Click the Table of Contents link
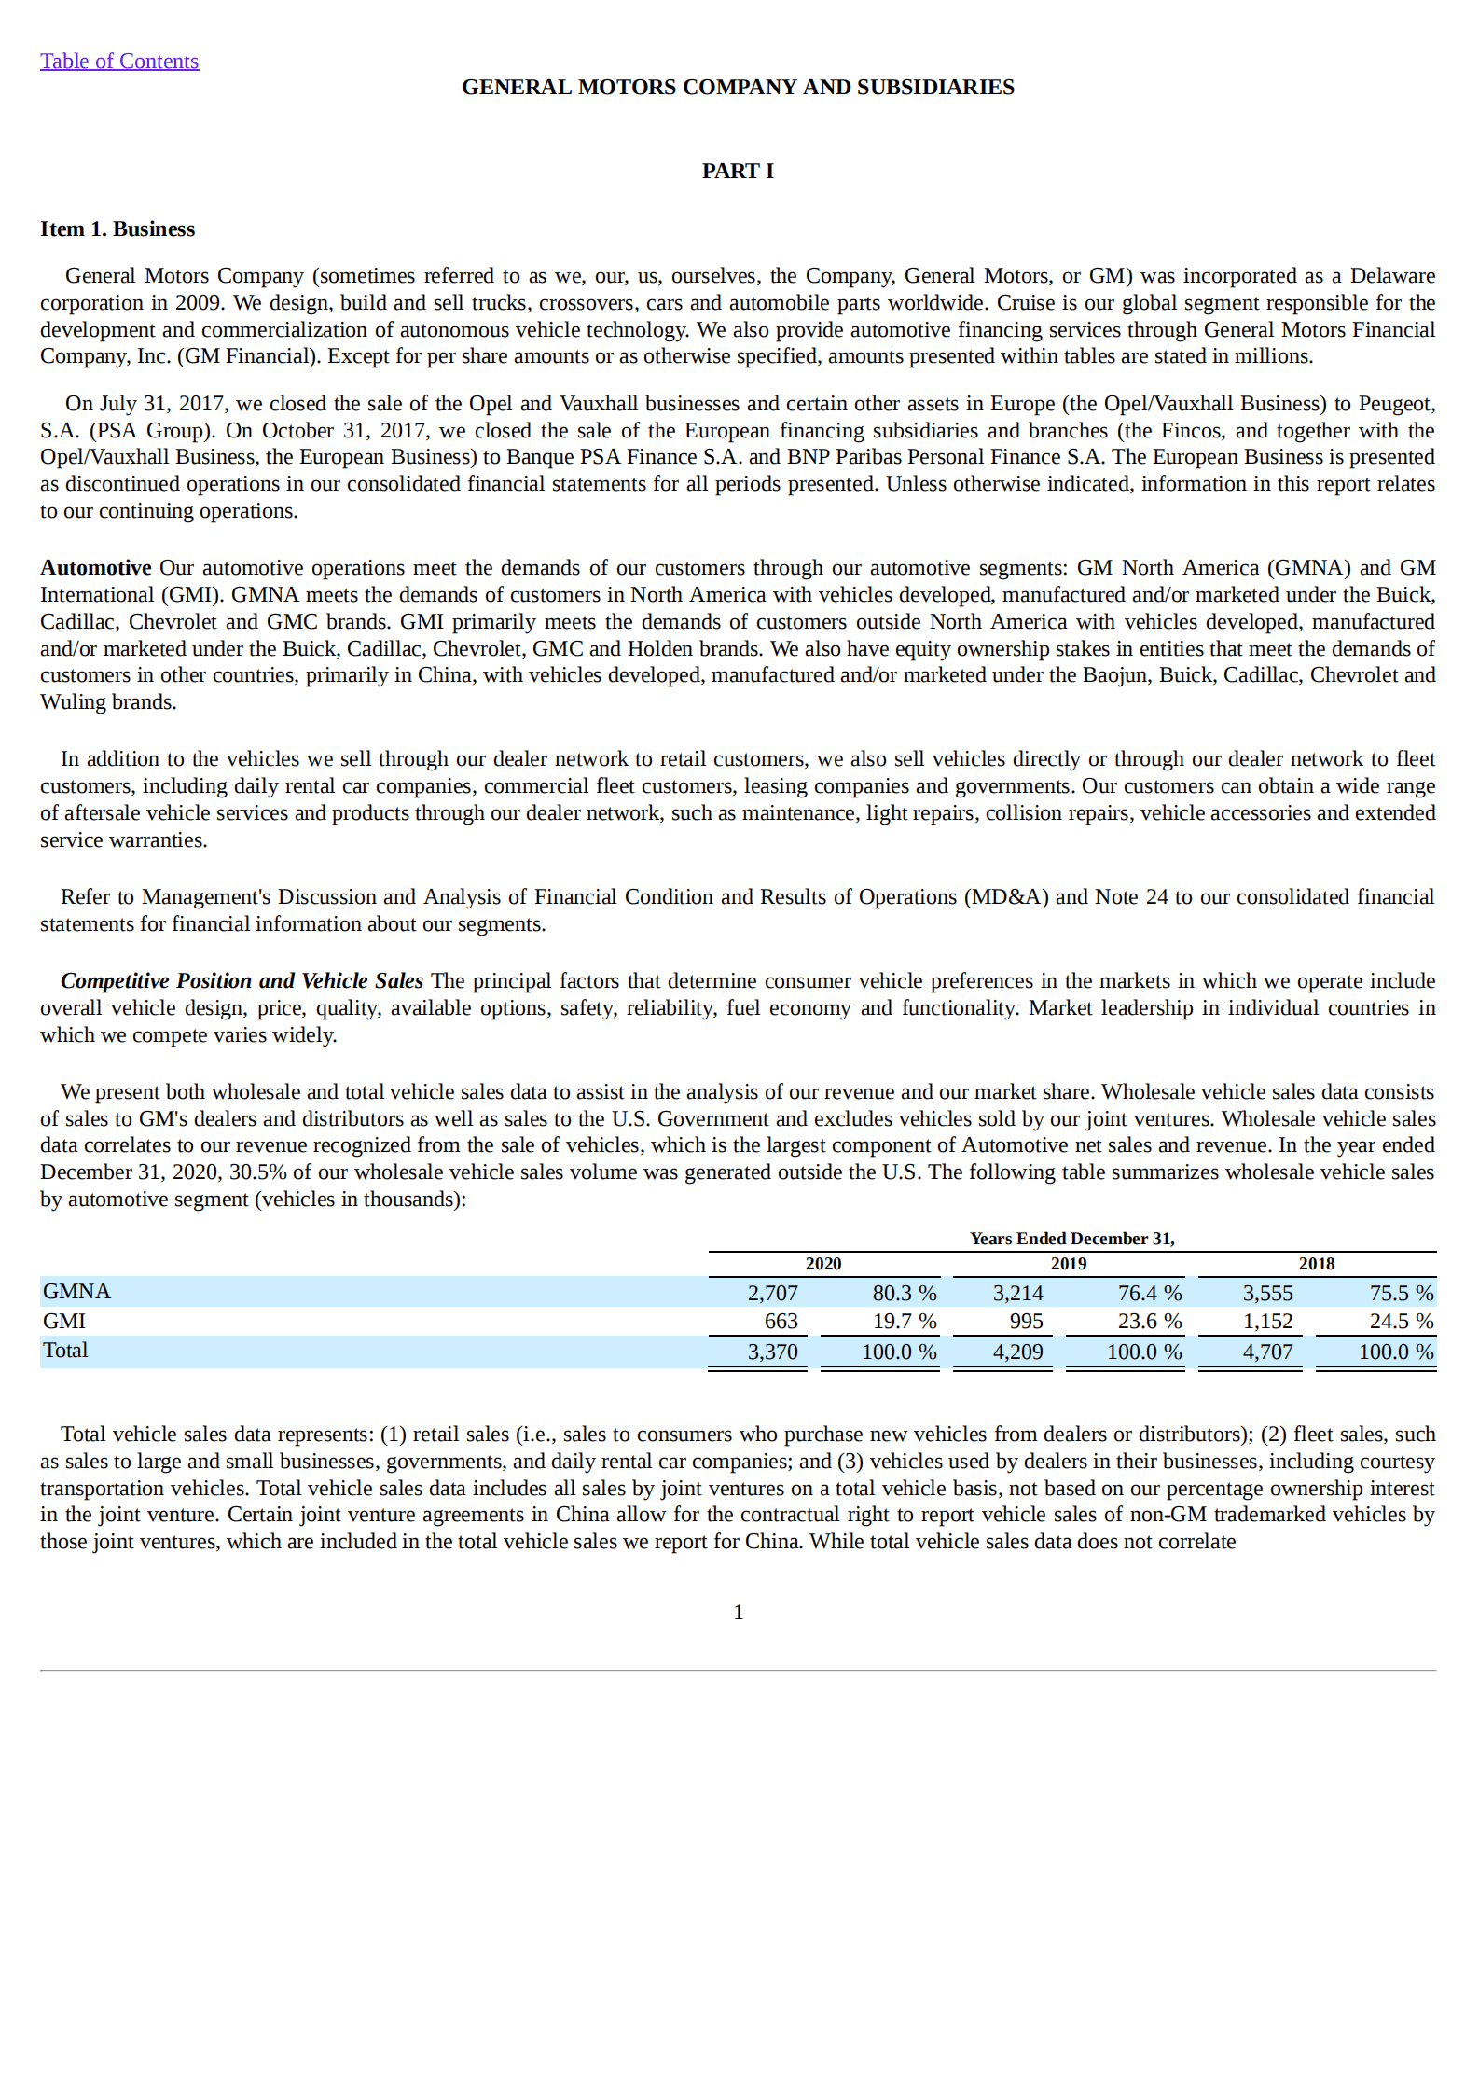pos(119,62)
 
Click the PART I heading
pos(738,171)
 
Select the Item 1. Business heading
pos(117,229)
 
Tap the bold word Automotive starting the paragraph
pos(95,568)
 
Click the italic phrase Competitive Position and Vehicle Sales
pos(242,981)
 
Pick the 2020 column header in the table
pos(823,1264)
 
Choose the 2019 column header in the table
pos(1069,1264)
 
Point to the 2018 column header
pos(1317,1264)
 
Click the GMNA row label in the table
pos(76,1292)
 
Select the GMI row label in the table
pos(64,1322)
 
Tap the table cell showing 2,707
pos(772,1293)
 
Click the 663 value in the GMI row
pos(781,1322)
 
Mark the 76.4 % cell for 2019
pos(1149,1293)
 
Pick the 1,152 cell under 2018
pos(1267,1322)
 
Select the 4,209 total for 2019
pos(1017,1352)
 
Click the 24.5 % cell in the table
pos(1401,1322)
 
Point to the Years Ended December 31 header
pos(1072,1239)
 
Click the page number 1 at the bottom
pos(739,1613)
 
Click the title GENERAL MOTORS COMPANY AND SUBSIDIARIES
pos(738,88)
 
